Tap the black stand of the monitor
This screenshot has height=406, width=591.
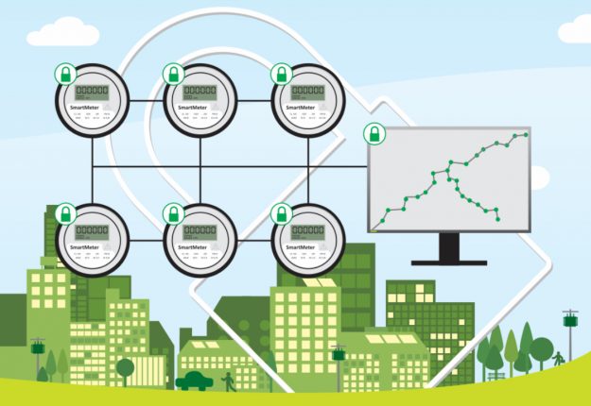point(449,248)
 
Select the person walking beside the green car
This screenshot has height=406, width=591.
point(226,381)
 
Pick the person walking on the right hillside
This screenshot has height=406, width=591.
point(558,359)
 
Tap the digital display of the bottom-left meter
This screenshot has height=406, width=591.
point(91,231)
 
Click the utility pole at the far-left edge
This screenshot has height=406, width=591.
point(37,357)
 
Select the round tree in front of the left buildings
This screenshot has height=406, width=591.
point(125,367)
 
